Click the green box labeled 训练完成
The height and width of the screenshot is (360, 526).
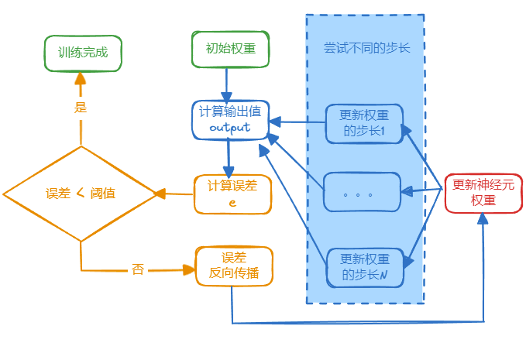83,53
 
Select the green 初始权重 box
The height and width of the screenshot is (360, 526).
229,49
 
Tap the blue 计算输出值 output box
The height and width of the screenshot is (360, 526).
230,120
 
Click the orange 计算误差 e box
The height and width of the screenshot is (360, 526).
232,194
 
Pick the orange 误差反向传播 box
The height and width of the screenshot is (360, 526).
234,266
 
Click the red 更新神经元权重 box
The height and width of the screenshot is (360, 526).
483,193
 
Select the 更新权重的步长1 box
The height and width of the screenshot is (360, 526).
364,123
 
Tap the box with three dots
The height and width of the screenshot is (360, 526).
362,192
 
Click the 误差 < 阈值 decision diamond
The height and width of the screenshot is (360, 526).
81,194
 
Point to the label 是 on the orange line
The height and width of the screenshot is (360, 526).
81,108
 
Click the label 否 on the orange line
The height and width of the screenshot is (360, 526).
138,269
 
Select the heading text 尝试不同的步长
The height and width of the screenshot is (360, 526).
366,48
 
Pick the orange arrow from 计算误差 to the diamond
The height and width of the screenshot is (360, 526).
174,194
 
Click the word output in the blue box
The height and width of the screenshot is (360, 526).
230,128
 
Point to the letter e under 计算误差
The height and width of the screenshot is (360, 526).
232,202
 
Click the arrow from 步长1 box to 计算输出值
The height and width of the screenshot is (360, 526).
298,122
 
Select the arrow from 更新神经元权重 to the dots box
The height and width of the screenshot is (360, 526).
422,190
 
